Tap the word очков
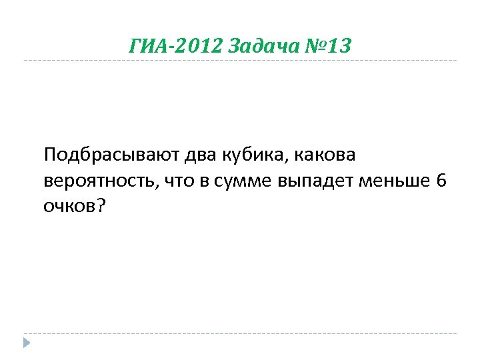point(69,207)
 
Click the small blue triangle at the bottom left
point(26,343)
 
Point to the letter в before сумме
point(204,182)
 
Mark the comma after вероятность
point(159,188)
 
